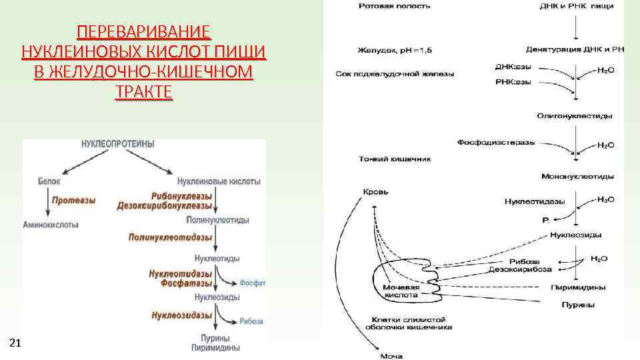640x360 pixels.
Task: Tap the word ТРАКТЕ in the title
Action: [143, 92]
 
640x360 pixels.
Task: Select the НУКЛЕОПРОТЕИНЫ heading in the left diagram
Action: [118, 144]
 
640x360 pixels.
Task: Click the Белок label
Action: [49, 181]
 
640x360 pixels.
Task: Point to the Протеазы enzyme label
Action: [74, 200]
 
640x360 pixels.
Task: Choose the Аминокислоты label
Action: [51, 225]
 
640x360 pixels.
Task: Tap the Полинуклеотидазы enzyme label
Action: [171, 237]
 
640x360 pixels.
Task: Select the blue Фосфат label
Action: [252, 283]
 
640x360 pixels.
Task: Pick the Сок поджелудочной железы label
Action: [396, 74]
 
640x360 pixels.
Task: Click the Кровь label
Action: [375, 192]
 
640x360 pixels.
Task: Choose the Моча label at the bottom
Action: [391, 355]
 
